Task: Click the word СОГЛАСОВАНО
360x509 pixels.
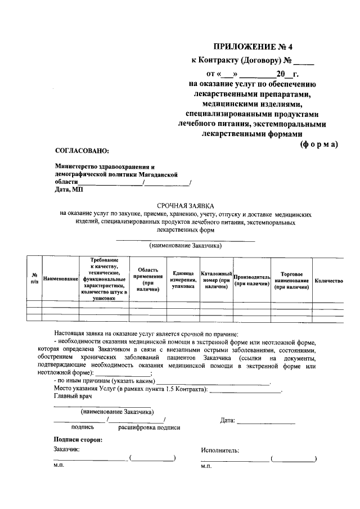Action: pyautogui.click(x=82, y=150)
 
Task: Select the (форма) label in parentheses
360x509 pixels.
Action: pyautogui.click(x=318, y=144)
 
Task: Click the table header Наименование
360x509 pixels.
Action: pyautogui.click(x=60, y=279)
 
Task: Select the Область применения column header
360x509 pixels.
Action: pyautogui.click(x=148, y=280)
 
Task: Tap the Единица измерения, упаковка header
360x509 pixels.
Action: pyautogui.click(x=183, y=280)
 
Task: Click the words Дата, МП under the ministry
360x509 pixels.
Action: pyautogui.click(x=69, y=190)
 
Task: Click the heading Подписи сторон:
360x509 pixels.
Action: pyautogui.click(x=78, y=439)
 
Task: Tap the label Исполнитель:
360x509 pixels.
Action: pyautogui.click(x=220, y=450)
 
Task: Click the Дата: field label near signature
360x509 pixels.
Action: pyautogui.click(x=227, y=420)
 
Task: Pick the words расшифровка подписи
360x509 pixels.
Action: pyautogui.click(x=149, y=427)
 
